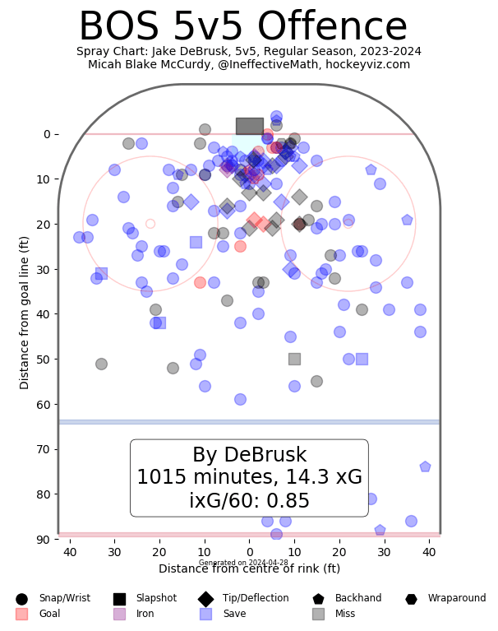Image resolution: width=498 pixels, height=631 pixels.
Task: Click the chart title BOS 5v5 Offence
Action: pos(242,27)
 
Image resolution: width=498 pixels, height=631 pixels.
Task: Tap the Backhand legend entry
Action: pos(340,599)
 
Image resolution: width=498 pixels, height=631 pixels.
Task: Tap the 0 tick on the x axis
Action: pos(249,553)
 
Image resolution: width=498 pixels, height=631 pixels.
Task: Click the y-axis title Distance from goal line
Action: pos(25,313)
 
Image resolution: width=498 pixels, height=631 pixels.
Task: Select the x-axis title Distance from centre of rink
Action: pos(249,568)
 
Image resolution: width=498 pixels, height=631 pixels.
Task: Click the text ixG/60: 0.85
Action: pos(249,501)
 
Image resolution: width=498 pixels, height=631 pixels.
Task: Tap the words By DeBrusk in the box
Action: pos(249,456)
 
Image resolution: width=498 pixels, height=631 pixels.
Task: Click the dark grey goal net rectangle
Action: pos(249,126)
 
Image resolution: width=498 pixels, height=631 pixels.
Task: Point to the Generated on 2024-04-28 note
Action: pos(243,563)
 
